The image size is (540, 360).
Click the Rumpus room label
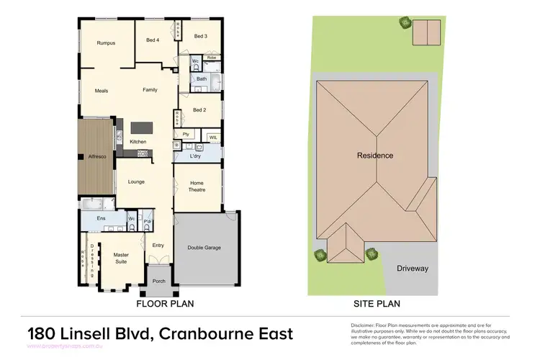pyautogui.click(x=106, y=43)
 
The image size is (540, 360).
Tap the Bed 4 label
pyautogui.click(x=152, y=40)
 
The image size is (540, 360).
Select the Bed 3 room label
pyautogui.click(x=200, y=36)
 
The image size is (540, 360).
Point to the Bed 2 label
pyautogui.click(x=199, y=110)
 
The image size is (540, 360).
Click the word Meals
pyautogui.click(x=102, y=91)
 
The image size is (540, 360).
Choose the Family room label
pyautogui.click(x=150, y=90)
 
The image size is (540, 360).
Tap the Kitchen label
pyautogui.click(x=138, y=142)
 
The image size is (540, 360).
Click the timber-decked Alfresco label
pyautogui.click(x=97, y=156)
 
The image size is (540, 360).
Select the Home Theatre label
pyautogui.click(x=197, y=186)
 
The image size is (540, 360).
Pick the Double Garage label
pyautogui.click(x=204, y=248)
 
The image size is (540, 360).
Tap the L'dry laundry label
pyautogui.click(x=195, y=156)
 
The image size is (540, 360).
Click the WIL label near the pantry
pyautogui.click(x=212, y=137)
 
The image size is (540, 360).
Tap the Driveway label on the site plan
pyautogui.click(x=413, y=269)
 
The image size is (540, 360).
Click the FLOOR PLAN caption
pyautogui.click(x=165, y=305)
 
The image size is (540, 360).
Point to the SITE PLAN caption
pyautogui.click(x=376, y=305)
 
